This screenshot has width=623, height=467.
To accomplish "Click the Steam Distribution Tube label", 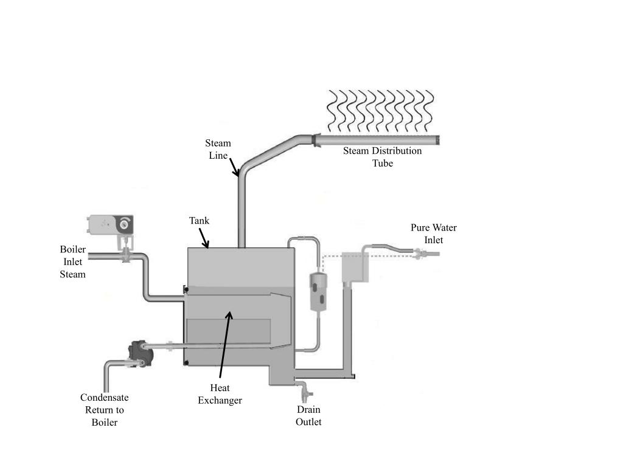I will [x=382, y=157].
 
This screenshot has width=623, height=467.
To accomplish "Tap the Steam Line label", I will [x=217, y=149].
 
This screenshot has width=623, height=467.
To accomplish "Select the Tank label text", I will [x=199, y=221].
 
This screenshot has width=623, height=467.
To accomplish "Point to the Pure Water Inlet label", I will [x=433, y=233].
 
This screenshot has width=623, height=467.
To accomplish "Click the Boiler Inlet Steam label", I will [x=72, y=261].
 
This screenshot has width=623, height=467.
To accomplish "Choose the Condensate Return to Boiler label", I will [x=104, y=410].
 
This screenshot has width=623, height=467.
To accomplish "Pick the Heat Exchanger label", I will [x=220, y=394].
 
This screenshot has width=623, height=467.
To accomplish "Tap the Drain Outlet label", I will [x=308, y=415].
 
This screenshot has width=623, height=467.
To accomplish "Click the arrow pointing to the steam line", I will [x=234, y=165].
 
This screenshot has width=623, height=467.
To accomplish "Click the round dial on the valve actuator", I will [x=125, y=224].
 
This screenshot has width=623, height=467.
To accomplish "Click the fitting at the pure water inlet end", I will [x=419, y=251].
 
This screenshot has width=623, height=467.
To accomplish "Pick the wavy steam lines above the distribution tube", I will [x=381, y=111].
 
